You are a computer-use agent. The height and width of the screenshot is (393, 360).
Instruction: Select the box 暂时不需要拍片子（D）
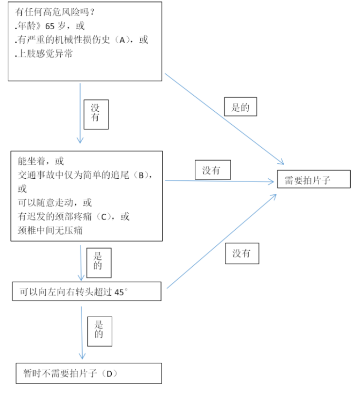tap(88, 373)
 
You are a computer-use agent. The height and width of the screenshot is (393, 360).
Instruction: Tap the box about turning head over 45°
tap(86, 292)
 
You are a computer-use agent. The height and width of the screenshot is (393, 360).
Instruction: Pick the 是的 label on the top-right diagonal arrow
tap(240, 107)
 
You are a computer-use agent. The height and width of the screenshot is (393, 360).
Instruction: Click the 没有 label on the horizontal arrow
tap(211, 171)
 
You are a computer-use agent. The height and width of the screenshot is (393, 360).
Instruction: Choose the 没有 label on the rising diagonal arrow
tap(241, 254)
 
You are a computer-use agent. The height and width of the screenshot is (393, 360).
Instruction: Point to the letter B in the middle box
tap(141, 175)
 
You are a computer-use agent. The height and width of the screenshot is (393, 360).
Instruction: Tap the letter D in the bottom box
tap(109, 374)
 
